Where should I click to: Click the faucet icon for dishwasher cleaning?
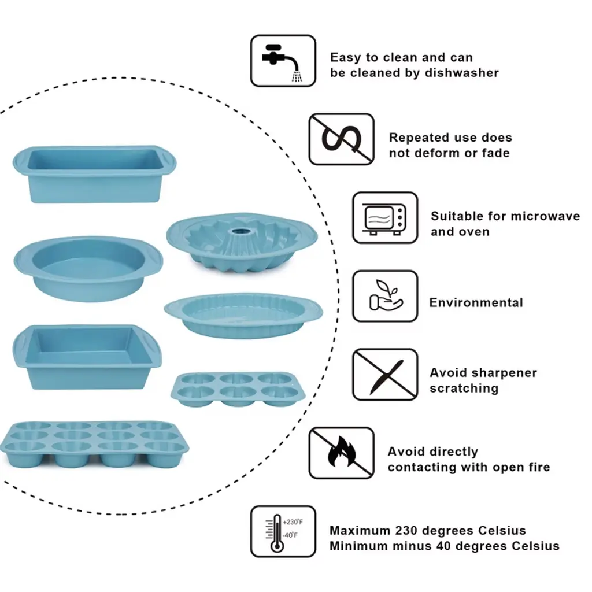click(283, 61)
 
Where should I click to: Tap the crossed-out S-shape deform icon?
click(341, 139)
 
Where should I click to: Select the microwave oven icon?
click(384, 218)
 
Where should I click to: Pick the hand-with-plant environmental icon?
click(384, 295)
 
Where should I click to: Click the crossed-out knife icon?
click(384, 374)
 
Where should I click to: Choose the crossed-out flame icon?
click(341, 453)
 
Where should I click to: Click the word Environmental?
click(476, 302)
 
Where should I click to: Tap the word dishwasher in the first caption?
click(462, 73)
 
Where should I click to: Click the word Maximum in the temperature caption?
click(360, 530)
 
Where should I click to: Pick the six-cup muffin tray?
click(238, 388)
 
